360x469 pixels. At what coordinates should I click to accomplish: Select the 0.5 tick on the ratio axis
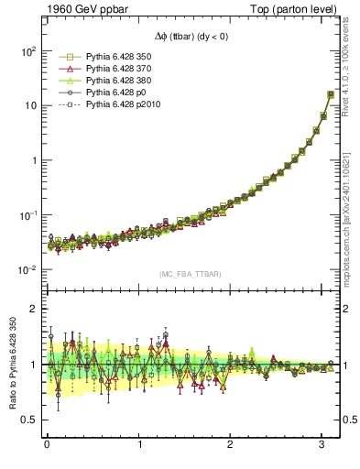click(x=28, y=420)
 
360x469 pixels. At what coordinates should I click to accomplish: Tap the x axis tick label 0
click(x=47, y=444)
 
